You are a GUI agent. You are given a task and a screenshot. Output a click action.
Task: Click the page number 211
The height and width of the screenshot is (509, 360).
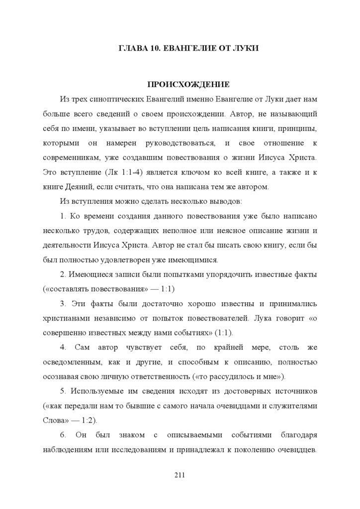pos(180,475)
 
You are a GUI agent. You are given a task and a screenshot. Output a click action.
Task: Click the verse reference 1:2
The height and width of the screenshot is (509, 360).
pos(90,419)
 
